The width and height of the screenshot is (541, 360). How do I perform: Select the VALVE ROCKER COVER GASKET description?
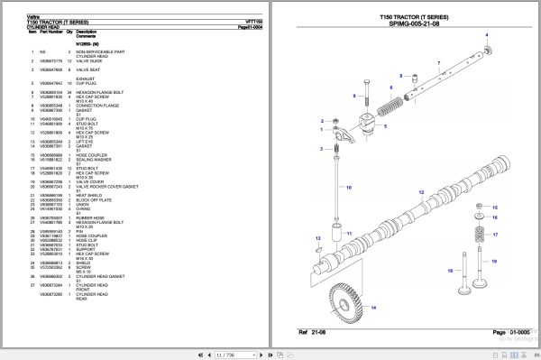[x=105, y=186]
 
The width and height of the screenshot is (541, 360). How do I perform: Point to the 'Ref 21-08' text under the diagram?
[x=314, y=334]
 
